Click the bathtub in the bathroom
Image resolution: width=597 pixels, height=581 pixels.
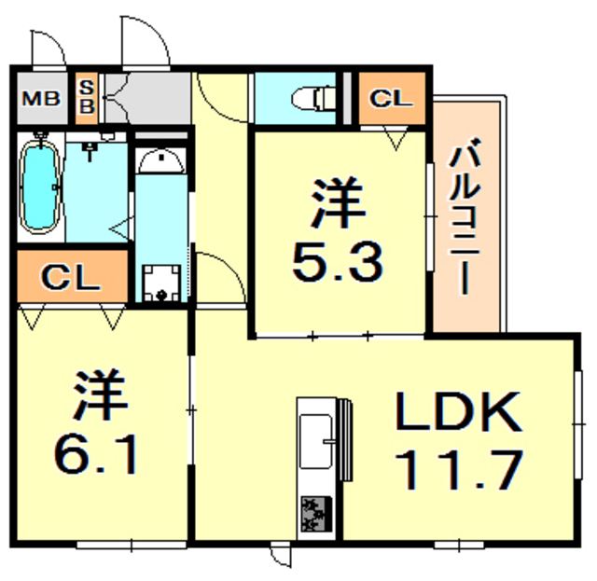coord(39,187)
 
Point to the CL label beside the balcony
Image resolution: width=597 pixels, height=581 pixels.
coord(390,97)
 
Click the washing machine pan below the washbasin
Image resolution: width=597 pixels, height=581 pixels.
coord(161,282)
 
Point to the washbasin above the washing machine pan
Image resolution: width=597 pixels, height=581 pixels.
coord(162,164)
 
